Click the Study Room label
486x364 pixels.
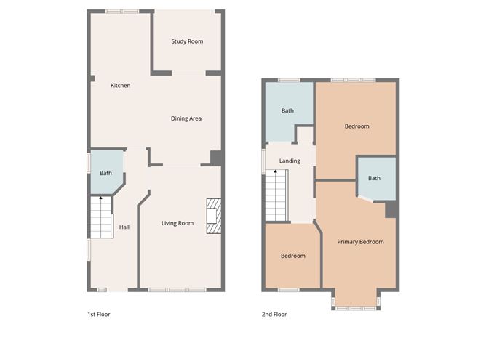click(x=187, y=41)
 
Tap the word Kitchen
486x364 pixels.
click(x=120, y=86)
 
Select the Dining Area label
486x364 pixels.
click(x=186, y=118)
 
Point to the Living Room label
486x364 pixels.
click(x=178, y=223)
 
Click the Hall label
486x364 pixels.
click(x=124, y=227)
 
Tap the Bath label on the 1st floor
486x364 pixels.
click(x=105, y=173)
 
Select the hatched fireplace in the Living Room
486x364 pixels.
click(x=214, y=217)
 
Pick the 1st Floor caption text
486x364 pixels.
click(x=98, y=315)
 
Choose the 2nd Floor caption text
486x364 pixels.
click(x=274, y=315)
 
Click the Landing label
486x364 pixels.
click(x=290, y=161)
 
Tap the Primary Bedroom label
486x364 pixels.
click(x=360, y=242)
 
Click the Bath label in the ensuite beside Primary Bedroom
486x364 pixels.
click(x=374, y=178)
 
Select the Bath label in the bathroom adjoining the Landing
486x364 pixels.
click(x=287, y=111)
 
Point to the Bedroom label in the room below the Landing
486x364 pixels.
click(x=292, y=256)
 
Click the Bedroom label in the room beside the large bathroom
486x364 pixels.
click(x=356, y=126)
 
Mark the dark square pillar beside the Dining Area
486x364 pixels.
click(x=216, y=158)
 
